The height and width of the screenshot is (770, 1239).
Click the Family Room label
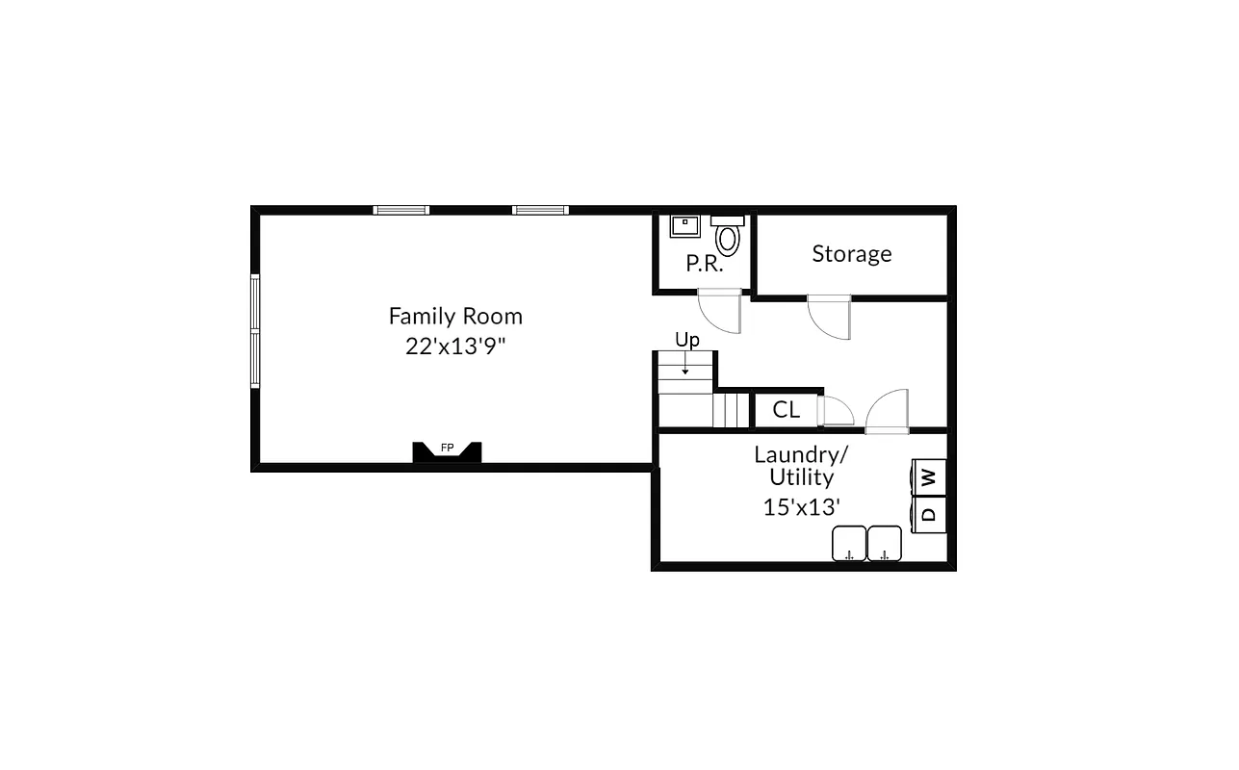[455, 316]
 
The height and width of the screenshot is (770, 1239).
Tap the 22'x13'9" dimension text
[455, 346]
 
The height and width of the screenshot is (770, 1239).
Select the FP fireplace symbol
[447, 450]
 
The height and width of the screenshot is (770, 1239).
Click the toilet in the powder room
[728, 237]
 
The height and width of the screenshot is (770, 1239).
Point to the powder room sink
[684, 226]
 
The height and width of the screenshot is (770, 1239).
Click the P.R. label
[705, 263]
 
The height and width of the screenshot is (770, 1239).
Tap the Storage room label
[851, 253]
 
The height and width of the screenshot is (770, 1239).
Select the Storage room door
[830, 318]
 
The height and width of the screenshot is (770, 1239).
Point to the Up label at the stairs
[686, 340]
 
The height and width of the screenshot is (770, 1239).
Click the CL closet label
[786, 410]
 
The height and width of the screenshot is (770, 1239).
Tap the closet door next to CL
[835, 411]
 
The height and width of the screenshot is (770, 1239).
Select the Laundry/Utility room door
[887, 411]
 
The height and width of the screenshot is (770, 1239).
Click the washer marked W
[929, 475]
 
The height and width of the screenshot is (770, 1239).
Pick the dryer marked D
[929, 514]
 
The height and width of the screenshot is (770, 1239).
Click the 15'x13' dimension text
[802, 507]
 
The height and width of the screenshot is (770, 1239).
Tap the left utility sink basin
[848, 543]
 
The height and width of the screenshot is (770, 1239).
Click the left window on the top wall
[400, 210]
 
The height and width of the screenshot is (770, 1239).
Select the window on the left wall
[255, 330]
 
